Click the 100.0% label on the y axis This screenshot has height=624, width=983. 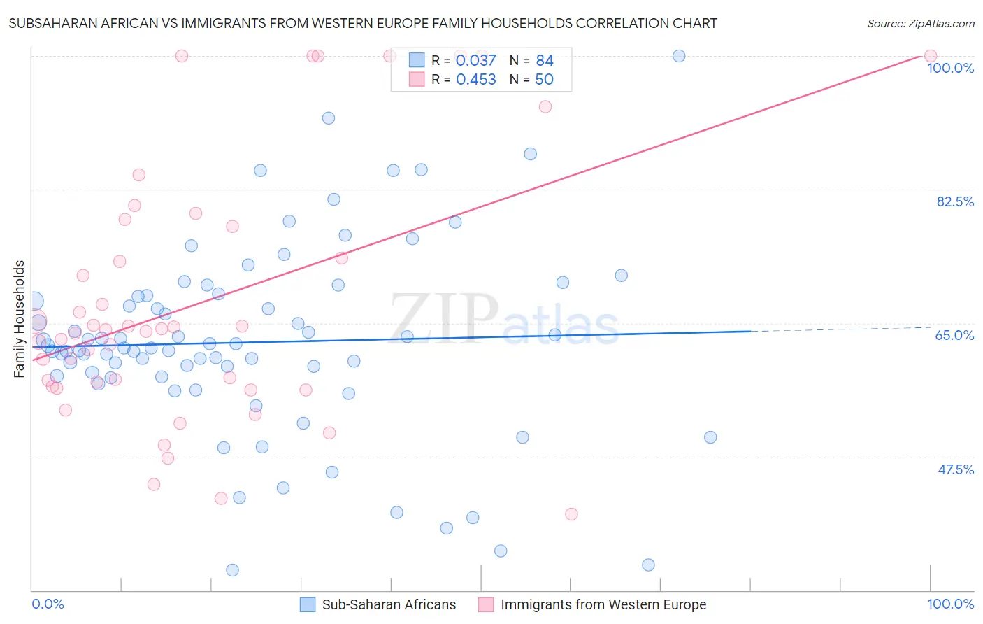coord(950,68)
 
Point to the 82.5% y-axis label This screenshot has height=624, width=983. coord(955,201)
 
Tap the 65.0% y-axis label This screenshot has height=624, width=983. coord(954,335)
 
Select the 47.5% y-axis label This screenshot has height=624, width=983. coord(955,469)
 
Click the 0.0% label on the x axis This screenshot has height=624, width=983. coord(48,604)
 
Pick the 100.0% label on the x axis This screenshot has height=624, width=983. coord(950,604)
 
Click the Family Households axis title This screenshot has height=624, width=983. coord(20,319)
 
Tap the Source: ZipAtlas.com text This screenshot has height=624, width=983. coord(920,23)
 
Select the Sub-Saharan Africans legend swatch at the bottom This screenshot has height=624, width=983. coord(308,604)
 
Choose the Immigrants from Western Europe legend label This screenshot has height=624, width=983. coord(603,604)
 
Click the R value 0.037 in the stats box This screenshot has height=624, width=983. coord(475,60)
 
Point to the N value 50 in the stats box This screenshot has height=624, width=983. coord(544,79)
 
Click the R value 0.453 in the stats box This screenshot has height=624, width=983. coord(475,79)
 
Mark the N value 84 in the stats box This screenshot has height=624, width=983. coord(545,60)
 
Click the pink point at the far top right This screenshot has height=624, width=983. coord(930,56)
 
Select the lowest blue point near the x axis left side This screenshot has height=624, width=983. coord(232,570)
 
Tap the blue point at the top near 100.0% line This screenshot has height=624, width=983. coord(678,56)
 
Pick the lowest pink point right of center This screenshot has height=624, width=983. coord(571,514)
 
